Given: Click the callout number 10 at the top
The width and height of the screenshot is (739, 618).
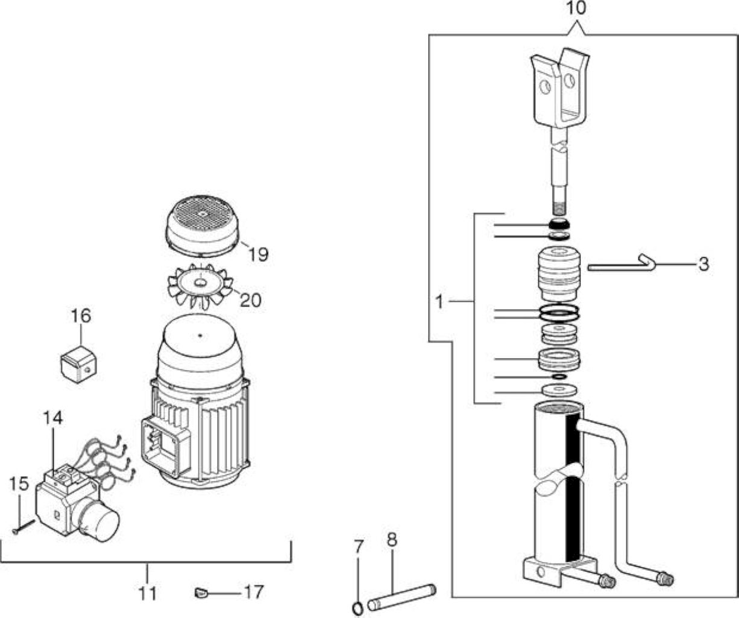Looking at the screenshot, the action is [x=576, y=8].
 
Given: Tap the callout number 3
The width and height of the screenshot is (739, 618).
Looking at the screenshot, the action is [x=704, y=264].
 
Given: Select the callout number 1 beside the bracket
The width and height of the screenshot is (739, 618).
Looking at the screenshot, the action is [x=439, y=302].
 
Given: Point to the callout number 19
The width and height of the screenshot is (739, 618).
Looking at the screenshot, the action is [x=259, y=254].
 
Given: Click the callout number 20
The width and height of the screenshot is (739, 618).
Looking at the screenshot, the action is [x=251, y=300].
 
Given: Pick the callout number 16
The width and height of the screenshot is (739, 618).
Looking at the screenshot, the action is [x=81, y=316].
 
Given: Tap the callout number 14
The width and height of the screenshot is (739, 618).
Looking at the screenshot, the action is [x=52, y=418].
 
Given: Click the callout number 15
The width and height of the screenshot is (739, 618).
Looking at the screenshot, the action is [x=19, y=483].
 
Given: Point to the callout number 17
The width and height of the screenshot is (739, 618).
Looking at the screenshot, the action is [x=254, y=591].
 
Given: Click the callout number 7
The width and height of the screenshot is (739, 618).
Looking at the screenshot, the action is [x=359, y=547].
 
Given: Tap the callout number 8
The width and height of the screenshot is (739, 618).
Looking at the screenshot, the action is [x=392, y=540].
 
